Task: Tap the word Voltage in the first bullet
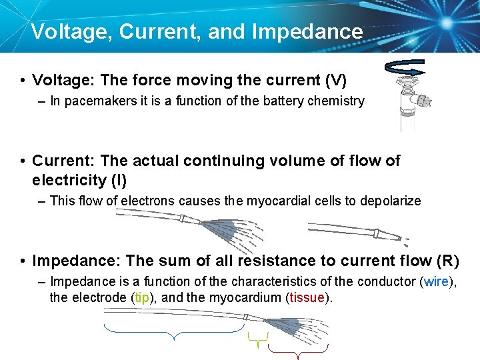click(63, 81)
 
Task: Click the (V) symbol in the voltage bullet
click(335, 81)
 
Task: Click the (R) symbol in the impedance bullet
click(449, 260)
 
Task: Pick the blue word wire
click(437, 281)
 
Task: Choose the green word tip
click(142, 297)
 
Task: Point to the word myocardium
click(249, 297)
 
